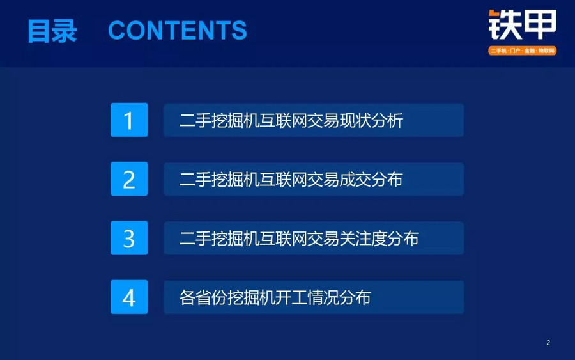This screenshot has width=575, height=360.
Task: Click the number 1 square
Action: pyautogui.click(x=129, y=120)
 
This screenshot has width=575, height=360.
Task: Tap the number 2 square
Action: pyautogui.click(x=129, y=178)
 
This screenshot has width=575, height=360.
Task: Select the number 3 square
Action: pyautogui.click(x=129, y=238)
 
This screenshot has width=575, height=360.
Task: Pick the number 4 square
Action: pyautogui.click(x=129, y=297)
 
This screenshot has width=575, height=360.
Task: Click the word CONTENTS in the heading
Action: pyautogui.click(x=178, y=30)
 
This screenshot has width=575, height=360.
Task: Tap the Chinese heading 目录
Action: pyautogui.click(x=52, y=31)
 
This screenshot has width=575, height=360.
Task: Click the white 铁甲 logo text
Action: pyautogui.click(x=523, y=25)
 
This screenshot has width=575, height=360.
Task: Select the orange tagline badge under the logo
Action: pyautogui.click(x=522, y=51)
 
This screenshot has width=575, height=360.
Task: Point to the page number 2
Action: pyautogui.click(x=548, y=343)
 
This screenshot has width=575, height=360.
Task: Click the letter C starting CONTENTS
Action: pyautogui.click(x=118, y=30)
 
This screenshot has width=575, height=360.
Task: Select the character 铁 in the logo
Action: pyautogui.click(x=505, y=25)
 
